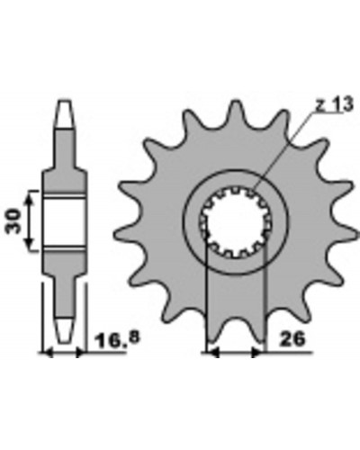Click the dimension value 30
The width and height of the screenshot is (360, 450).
13,221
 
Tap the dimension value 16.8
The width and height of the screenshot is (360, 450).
117,339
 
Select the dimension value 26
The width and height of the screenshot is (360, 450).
292,339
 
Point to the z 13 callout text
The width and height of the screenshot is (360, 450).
334,105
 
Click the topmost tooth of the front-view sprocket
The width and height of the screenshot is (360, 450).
236,109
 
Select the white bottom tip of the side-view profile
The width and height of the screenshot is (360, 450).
66,330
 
